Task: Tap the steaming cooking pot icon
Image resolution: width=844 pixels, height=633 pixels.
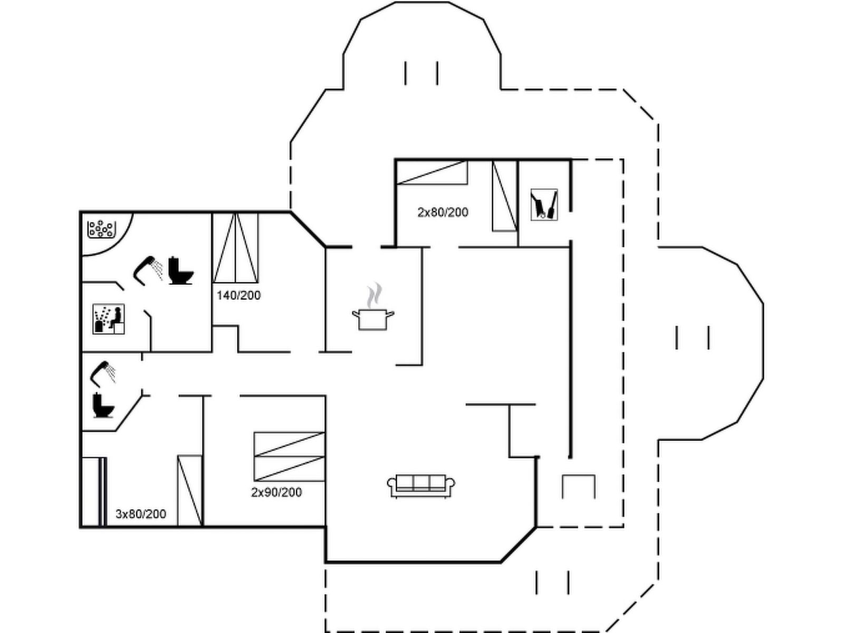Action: click(x=373, y=312)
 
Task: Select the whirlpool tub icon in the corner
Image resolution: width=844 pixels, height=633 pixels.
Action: click(x=101, y=229)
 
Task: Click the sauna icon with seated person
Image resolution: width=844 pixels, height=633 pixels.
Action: click(x=109, y=319)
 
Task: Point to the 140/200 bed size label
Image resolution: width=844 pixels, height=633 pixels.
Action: click(x=238, y=295)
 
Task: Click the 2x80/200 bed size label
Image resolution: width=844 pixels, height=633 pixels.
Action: click(x=443, y=212)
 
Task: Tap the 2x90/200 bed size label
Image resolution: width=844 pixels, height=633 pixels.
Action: click(x=276, y=492)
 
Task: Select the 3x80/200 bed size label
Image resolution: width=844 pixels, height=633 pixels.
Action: click(x=141, y=514)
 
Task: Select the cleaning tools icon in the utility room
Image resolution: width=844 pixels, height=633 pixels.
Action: click(x=544, y=205)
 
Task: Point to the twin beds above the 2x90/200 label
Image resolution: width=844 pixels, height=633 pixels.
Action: click(x=289, y=456)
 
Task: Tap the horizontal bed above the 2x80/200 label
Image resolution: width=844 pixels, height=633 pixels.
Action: click(x=432, y=172)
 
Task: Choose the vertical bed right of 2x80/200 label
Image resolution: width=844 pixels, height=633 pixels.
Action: click(x=504, y=196)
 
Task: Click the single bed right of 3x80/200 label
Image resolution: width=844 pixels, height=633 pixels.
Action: click(x=190, y=490)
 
